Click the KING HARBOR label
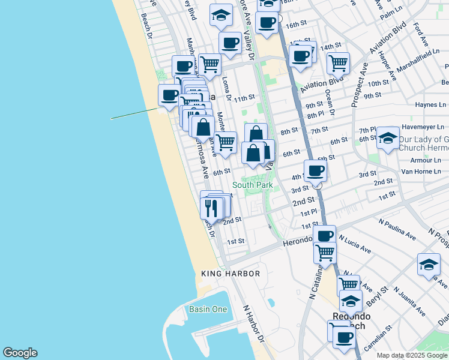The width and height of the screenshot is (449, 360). (x=231, y=274)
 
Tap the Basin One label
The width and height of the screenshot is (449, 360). (x=208, y=310)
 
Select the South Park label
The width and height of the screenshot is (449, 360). (x=252, y=185)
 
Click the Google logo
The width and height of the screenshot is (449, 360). (x=20, y=353)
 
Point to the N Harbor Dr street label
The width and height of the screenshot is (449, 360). (x=253, y=323)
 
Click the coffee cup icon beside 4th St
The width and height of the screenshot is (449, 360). (x=316, y=171)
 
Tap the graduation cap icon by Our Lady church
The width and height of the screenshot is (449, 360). (x=388, y=139)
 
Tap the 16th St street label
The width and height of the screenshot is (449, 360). (x=296, y=26)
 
